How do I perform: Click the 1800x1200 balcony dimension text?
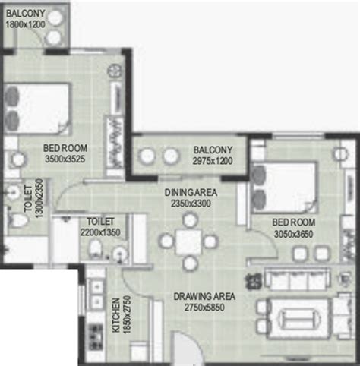tap(25, 24)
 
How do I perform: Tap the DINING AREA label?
tap(191, 192)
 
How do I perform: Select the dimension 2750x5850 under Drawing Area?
tap(204, 308)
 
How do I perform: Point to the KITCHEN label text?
tap(116, 315)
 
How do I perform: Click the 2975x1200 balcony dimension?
tap(213, 161)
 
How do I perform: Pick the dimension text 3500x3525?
tap(65, 159)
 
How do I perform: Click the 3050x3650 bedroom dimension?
tap(294, 234)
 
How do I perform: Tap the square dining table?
tap(188, 242)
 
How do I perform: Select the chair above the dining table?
tap(190, 220)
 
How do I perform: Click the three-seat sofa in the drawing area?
tap(297, 279)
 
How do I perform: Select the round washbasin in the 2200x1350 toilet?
tap(119, 254)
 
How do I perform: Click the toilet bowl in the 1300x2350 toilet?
tap(17, 220)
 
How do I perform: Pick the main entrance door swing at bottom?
tap(187, 348)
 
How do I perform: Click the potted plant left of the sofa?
tap(252, 281)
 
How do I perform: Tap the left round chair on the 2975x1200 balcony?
tap(147, 156)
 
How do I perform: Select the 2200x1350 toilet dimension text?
tap(100, 232)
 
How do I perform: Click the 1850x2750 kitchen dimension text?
tap(126, 314)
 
